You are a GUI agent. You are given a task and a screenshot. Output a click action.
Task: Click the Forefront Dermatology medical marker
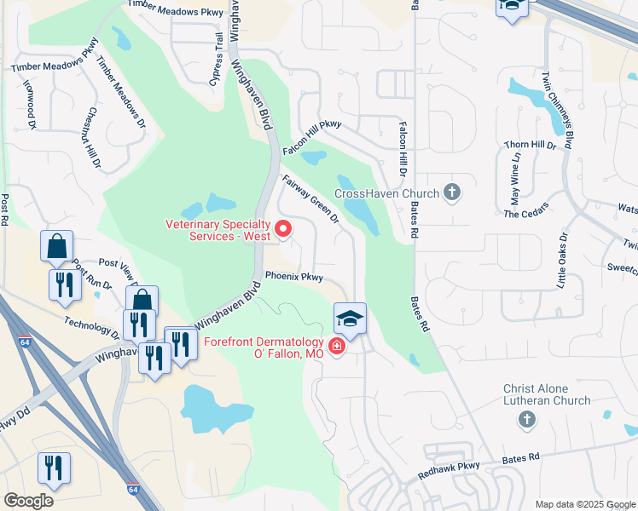[x=336, y=347]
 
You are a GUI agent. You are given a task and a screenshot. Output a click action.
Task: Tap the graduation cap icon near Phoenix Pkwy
[x=350, y=319]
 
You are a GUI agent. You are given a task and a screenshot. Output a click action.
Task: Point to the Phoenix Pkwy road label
[x=293, y=277]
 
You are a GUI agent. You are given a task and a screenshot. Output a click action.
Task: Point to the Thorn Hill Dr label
[x=530, y=146]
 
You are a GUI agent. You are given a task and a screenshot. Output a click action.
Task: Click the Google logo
[x=28, y=501]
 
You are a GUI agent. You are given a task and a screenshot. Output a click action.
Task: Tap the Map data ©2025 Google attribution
[x=584, y=504]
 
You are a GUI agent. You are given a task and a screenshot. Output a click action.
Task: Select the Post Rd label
[x=6, y=209]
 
